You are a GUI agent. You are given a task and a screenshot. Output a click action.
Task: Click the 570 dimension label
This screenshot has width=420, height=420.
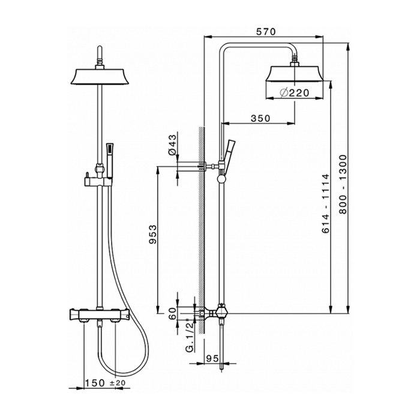(x=266, y=32)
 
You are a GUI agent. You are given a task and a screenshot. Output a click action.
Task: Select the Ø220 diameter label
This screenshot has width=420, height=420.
(x=295, y=93)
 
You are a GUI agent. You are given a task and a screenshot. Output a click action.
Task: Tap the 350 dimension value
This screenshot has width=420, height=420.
(x=260, y=118)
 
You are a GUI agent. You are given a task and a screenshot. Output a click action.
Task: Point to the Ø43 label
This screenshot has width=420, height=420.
(x=173, y=145)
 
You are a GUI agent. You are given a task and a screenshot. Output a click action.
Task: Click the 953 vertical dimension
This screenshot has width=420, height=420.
(x=152, y=235)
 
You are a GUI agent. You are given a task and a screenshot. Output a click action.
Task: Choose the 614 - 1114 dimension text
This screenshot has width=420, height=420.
(x=325, y=203)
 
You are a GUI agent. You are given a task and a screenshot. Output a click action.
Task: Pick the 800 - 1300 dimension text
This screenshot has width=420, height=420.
(x=343, y=184)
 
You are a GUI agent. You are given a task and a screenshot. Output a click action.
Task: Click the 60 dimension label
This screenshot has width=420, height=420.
(x=173, y=313)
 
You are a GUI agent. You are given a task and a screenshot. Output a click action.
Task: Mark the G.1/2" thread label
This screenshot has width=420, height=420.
(x=190, y=335)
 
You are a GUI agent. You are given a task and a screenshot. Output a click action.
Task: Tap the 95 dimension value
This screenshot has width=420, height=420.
(x=212, y=358)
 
